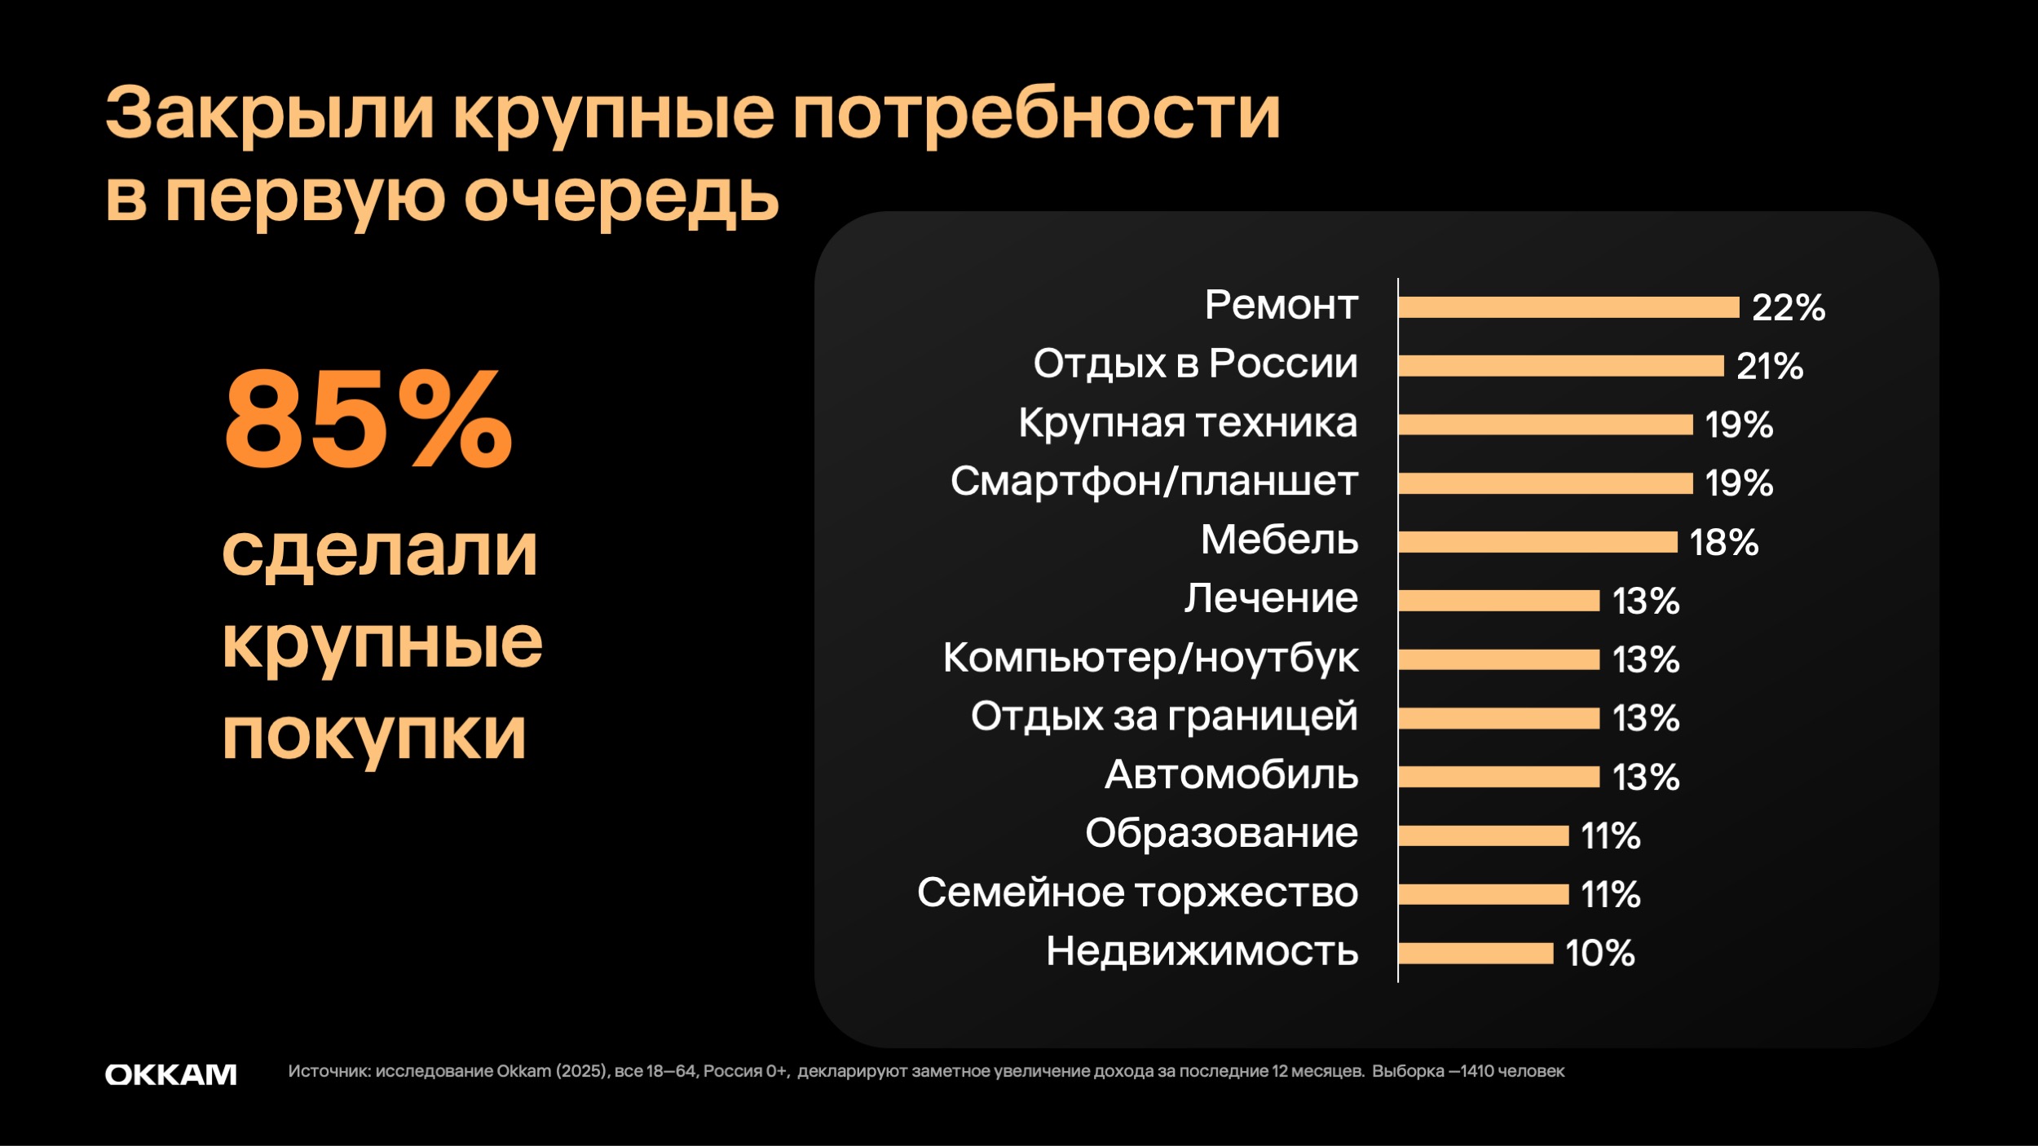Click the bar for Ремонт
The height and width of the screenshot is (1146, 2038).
(x=1568, y=307)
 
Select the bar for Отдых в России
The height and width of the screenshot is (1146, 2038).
(x=1561, y=366)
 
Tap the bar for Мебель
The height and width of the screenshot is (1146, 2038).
(x=1537, y=542)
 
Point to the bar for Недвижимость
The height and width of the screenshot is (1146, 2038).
(x=1476, y=953)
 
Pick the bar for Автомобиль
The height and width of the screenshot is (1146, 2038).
(x=1499, y=777)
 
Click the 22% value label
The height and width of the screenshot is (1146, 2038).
(x=1789, y=308)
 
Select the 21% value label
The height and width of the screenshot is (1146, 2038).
(x=1770, y=367)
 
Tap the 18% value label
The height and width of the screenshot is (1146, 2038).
(x=1724, y=543)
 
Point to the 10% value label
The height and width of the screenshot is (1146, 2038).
(x=1600, y=954)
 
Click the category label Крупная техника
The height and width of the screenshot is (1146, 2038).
(x=1188, y=423)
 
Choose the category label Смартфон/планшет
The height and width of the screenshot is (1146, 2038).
(x=1154, y=482)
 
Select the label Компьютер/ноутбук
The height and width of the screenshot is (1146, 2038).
(x=1150, y=658)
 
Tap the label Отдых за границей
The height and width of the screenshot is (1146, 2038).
(x=1164, y=716)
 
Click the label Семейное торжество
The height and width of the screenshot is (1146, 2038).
(x=1137, y=893)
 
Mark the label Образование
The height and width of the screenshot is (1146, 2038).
(x=1221, y=834)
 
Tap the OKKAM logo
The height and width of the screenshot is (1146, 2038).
(x=171, y=1074)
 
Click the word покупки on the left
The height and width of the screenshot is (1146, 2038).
(x=374, y=734)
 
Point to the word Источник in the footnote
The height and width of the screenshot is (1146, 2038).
(x=329, y=1071)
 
